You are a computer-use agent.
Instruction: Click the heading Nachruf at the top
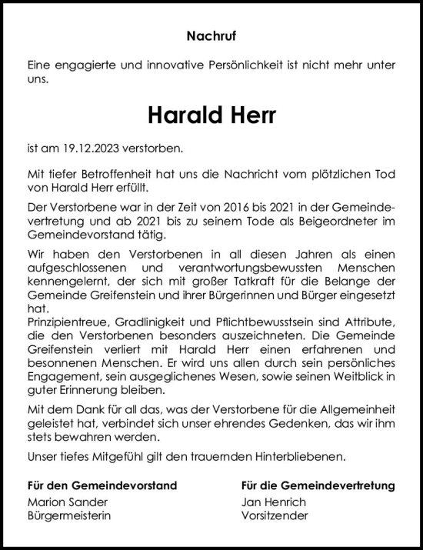[x=211, y=35]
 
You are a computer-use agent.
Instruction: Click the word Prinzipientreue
[x=68, y=325]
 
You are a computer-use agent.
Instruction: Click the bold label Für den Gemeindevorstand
[x=102, y=485]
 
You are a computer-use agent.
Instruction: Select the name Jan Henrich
[x=273, y=502]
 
